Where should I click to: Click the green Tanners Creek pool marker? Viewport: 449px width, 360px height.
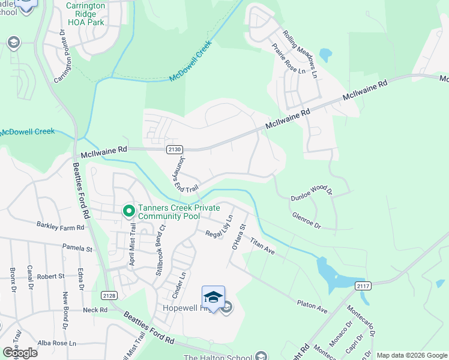[128, 210]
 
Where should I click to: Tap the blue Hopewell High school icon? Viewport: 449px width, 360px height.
[213, 297]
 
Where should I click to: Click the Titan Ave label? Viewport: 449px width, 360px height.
[262, 245]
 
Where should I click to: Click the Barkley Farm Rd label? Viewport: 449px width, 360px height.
[61, 227]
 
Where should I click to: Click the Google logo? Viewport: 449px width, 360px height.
[19, 353]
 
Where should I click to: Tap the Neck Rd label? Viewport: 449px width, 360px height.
[95, 310]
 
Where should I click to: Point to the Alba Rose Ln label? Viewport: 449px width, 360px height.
[57, 343]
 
